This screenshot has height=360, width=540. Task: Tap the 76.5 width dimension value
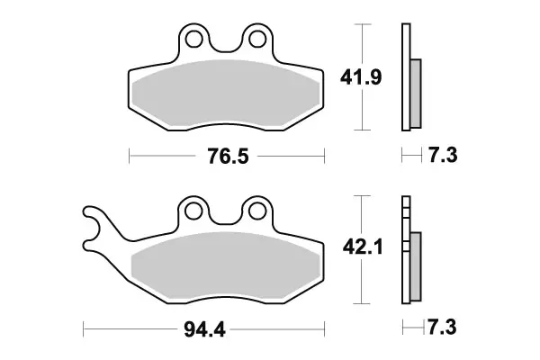[x=228, y=157]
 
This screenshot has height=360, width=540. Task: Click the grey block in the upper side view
[x=415, y=92]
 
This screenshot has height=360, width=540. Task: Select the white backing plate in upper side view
[x=406, y=76]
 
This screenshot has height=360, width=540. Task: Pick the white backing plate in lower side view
[x=406, y=252]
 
